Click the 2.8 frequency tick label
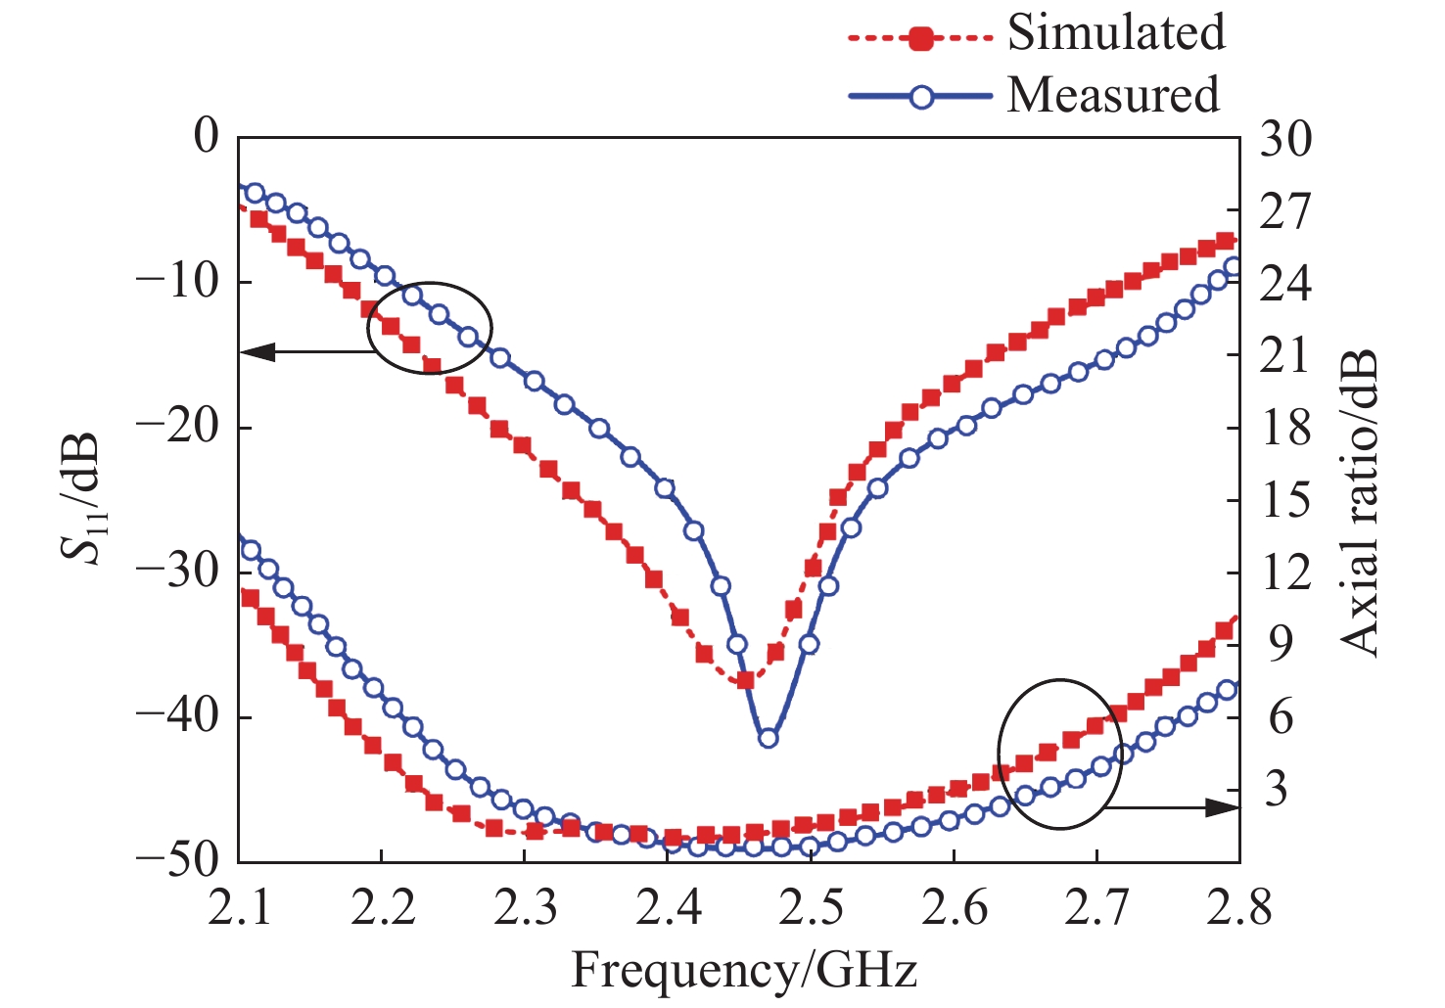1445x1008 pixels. [1237, 909]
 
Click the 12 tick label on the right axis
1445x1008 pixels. [1283, 573]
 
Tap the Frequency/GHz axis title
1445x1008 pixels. [744, 972]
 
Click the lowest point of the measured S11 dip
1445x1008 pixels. [769, 738]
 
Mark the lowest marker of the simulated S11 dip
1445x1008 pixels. [746, 679]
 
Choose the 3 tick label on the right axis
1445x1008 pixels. [1275, 789]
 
